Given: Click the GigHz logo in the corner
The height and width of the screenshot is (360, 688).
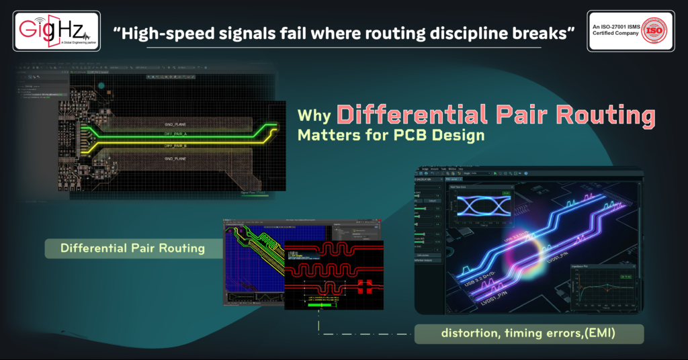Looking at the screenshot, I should coord(56,32).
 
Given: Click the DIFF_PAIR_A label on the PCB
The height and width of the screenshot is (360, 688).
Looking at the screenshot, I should coord(176,134).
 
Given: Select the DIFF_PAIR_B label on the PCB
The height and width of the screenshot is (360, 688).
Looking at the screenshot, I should coord(176,145).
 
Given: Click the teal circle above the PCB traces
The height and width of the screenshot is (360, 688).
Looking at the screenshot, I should coord(101,86).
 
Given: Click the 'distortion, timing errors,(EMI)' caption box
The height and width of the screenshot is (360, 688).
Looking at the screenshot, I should coord(529,333).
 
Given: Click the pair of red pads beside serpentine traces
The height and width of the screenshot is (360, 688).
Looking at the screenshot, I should coord(365,286).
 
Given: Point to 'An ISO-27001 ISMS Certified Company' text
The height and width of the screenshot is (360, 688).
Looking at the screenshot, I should coord(613,31).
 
